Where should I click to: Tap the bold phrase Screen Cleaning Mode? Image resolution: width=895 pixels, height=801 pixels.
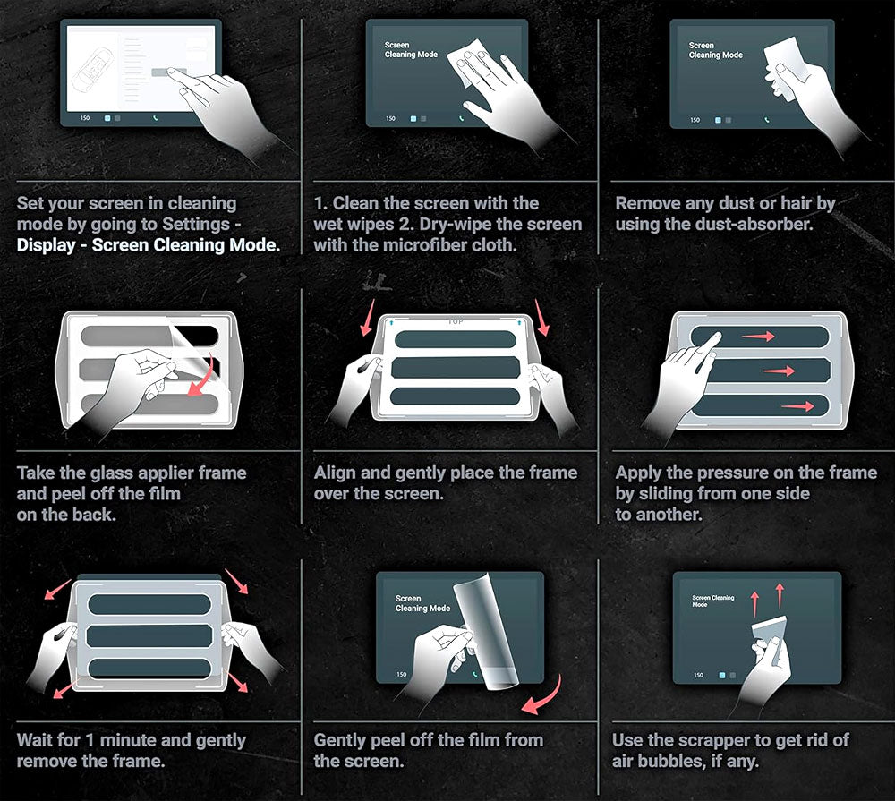(186, 245)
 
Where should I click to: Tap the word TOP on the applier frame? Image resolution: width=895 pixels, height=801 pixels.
(456, 321)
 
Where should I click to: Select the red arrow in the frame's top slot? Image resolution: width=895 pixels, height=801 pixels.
(758, 337)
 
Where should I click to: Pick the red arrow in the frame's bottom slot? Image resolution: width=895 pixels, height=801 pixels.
(798, 406)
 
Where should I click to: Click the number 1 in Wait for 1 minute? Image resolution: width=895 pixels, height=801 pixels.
(89, 740)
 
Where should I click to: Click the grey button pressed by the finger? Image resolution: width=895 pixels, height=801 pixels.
(168, 72)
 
